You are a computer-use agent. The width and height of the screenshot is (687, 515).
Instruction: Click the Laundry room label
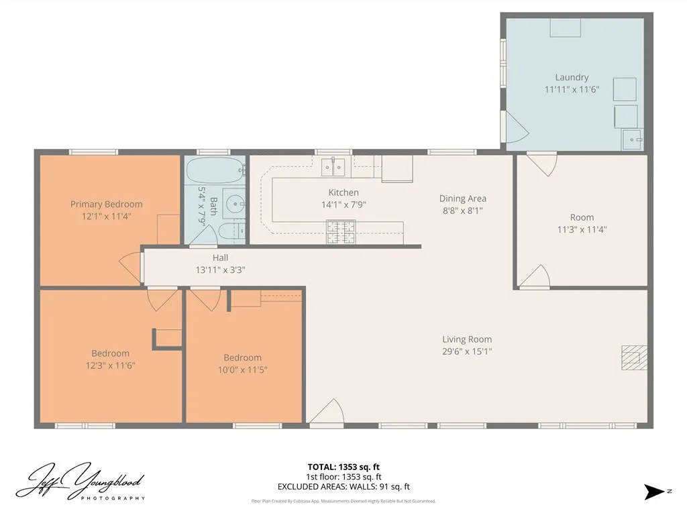572,77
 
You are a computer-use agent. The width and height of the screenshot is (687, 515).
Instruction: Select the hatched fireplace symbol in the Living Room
633,357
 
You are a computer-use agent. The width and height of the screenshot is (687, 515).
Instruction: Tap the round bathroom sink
234,203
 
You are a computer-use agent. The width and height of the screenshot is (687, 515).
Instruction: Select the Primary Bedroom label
107,205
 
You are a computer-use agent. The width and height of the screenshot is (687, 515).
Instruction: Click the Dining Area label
463,198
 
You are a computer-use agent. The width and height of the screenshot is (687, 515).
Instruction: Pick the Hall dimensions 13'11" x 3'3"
220,270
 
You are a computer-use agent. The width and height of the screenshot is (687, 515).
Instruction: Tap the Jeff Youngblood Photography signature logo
80,481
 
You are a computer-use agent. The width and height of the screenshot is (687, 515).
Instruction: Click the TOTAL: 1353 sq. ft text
343,467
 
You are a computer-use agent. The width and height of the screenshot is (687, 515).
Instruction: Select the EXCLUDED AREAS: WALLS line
343,487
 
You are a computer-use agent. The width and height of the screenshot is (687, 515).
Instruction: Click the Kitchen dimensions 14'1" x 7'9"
343,205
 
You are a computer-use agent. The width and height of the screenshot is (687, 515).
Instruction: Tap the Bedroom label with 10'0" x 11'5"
242,357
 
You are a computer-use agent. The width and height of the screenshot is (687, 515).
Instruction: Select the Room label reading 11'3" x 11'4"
582,217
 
